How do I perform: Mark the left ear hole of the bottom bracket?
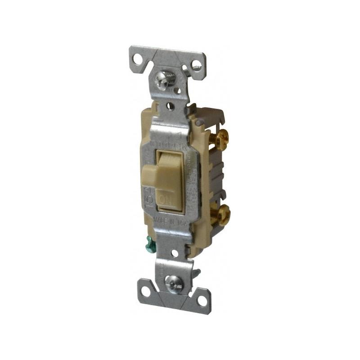tap(147, 288)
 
